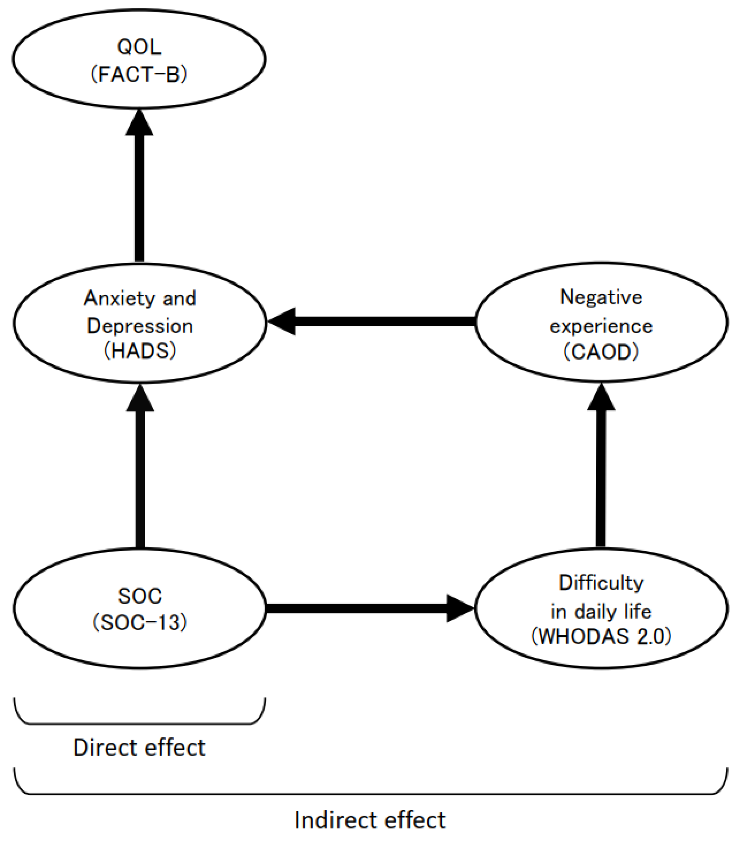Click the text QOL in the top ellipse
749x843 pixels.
pyautogui.click(x=139, y=47)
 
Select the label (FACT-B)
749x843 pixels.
pyautogui.click(x=139, y=75)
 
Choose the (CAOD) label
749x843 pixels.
pyautogui.click(x=601, y=352)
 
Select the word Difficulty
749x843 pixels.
pyautogui.click(x=601, y=583)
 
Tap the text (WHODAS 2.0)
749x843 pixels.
pyautogui.click(x=601, y=636)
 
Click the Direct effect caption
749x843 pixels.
pyautogui.click(x=139, y=747)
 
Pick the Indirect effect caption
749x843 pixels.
pyautogui.click(x=370, y=820)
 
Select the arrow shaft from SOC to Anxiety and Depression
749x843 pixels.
pyautogui.click(x=140, y=478)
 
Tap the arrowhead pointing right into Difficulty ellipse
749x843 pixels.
pyautogui.click(x=459, y=608)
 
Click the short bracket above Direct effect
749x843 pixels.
pyautogui.click(x=139, y=723)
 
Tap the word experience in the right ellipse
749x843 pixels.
pyautogui.click(x=601, y=326)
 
